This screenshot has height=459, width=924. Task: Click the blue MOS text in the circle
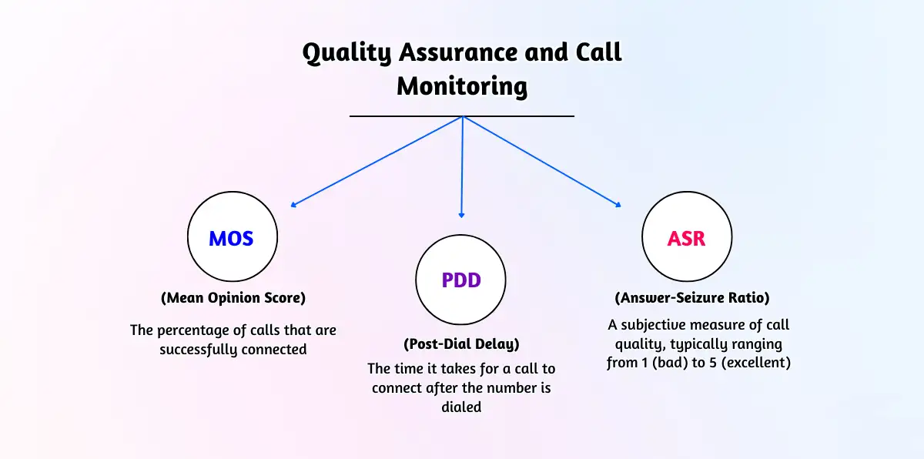coord(231,238)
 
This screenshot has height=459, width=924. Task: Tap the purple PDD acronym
coord(461,280)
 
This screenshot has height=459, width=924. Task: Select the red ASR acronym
coord(687,238)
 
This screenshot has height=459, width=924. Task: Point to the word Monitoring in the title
coord(462,86)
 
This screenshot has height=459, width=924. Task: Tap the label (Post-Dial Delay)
coord(461,344)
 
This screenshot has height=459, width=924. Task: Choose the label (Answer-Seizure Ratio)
coord(691,297)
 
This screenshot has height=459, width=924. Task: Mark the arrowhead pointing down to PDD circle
coord(462,215)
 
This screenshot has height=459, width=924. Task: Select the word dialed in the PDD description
coord(461,407)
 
